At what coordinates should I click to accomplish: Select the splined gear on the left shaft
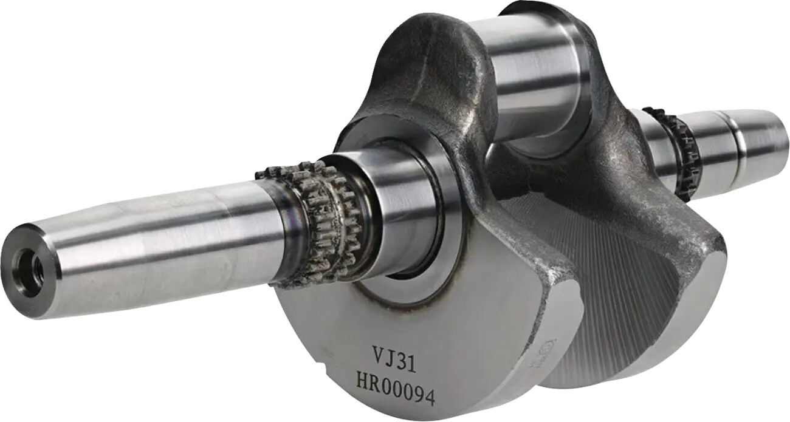coord(316,219)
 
